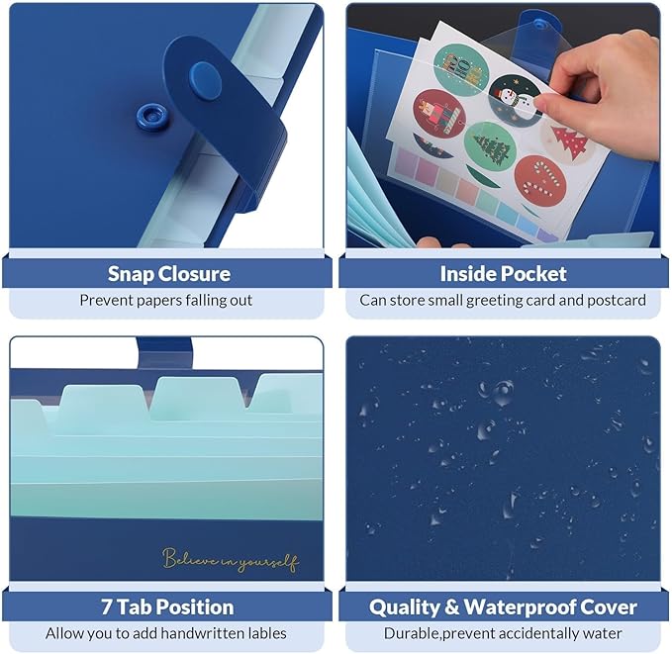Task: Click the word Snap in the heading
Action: (x=131, y=275)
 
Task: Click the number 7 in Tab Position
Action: (x=106, y=607)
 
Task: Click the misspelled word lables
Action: (x=265, y=633)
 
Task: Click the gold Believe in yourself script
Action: (x=231, y=559)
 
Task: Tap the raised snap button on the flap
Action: (x=205, y=81)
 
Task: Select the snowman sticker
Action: (x=516, y=100)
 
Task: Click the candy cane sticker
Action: (x=540, y=180)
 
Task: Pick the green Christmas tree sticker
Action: (x=490, y=147)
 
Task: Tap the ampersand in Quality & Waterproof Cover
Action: (x=451, y=607)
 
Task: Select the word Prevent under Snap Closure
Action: (x=102, y=300)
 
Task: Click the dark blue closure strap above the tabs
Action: (x=165, y=352)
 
